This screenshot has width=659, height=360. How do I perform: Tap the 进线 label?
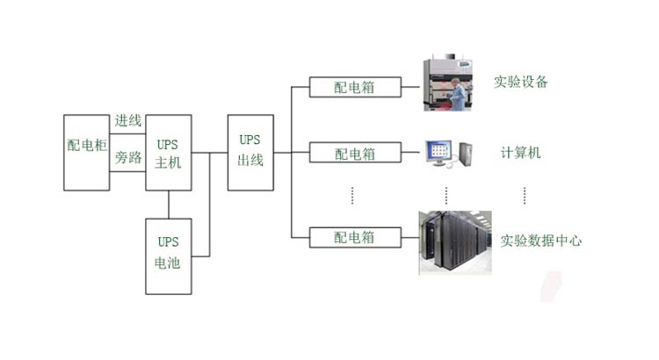point(128,121)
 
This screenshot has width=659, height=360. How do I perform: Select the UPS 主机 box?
point(168,152)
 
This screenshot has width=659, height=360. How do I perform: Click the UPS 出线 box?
point(250,152)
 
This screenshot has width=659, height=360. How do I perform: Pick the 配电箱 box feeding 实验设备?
point(355,87)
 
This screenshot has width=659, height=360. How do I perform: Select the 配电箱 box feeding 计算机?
point(355,154)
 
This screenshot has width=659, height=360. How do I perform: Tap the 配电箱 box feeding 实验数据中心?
point(355,237)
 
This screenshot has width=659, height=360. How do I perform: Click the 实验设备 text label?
point(520,83)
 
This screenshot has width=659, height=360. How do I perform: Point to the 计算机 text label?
point(515,153)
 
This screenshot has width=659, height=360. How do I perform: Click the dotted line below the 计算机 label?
point(525,195)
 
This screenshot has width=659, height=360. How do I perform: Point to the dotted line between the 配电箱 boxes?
point(352,195)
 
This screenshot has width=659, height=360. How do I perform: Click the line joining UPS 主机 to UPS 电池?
point(168,205)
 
